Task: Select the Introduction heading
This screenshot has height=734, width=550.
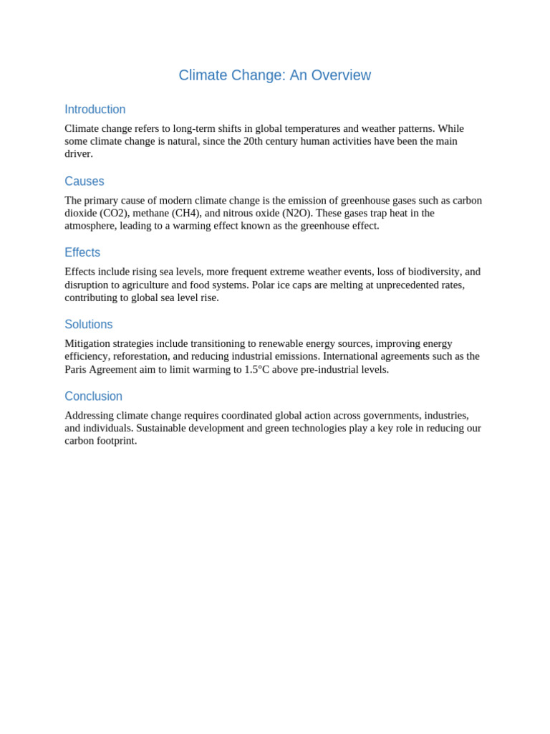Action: (x=95, y=110)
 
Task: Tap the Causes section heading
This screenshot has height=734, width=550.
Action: (x=85, y=181)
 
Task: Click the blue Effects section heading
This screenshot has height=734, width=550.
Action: (x=82, y=252)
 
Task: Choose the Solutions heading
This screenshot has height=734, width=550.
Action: (x=89, y=325)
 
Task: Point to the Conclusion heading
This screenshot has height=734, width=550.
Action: (x=94, y=396)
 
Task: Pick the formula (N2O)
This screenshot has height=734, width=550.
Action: (x=297, y=213)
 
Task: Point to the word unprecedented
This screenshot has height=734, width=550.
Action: (x=400, y=285)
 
